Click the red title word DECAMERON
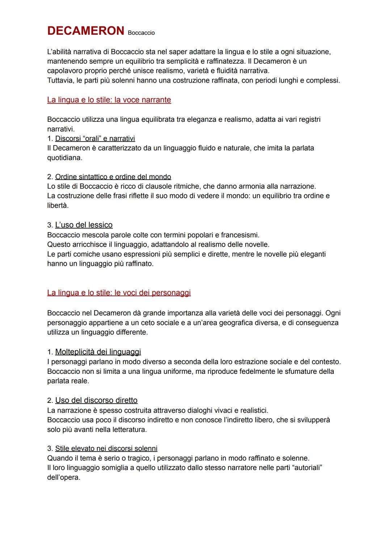[85, 31]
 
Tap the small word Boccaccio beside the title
[141, 33]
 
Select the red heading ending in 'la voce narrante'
[109, 100]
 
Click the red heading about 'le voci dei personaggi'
[119, 293]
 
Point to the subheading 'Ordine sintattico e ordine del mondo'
[113, 177]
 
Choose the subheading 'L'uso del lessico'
[84, 225]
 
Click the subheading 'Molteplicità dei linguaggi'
[98, 352]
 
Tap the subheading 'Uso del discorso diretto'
[96, 400]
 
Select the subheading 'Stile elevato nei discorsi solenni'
[106, 449]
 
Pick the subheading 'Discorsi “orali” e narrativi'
[95, 139]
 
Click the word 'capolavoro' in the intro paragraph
[65, 71]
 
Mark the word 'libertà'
[58, 205]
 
